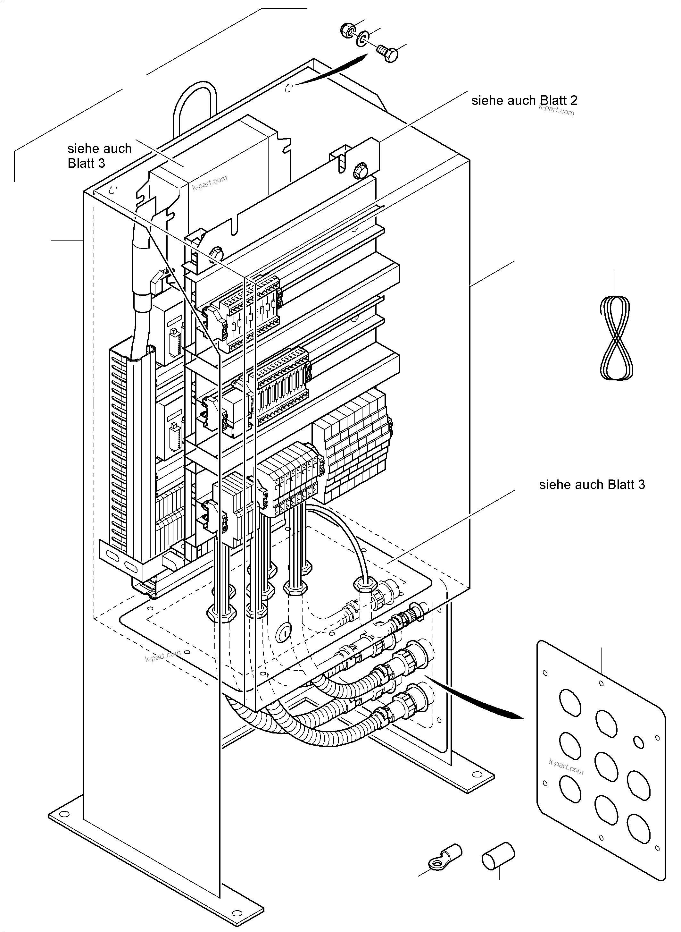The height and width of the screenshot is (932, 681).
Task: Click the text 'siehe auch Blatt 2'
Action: click(x=524, y=101)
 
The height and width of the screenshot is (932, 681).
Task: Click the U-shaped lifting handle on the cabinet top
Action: click(x=194, y=107)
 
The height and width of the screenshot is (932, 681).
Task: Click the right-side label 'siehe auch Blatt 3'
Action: click(x=592, y=485)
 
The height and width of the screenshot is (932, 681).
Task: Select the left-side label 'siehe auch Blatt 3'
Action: click(x=99, y=156)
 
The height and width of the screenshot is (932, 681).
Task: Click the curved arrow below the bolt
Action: click(x=334, y=70)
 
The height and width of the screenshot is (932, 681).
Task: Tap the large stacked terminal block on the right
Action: click(x=354, y=445)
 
